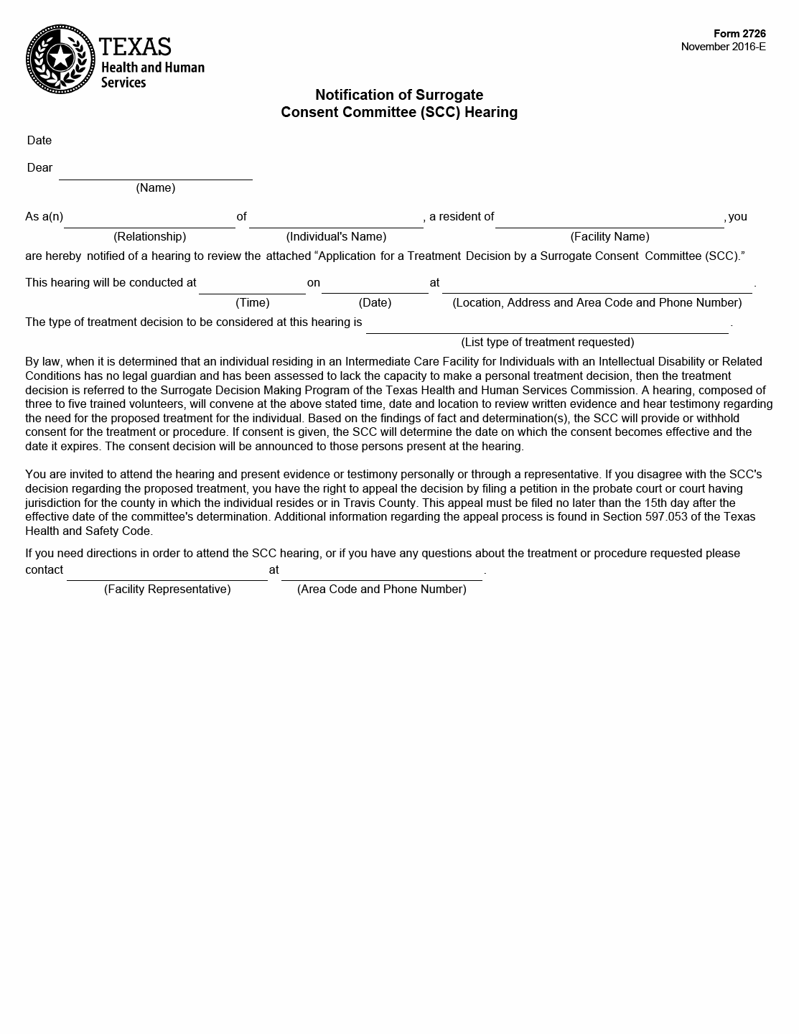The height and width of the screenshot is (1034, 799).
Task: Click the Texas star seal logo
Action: (x=60, y=59)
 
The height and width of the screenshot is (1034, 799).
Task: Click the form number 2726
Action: (x=739, y=34)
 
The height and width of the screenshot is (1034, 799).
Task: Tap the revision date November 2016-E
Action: (x=723, y=47)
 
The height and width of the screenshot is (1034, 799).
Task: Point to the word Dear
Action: (x=39, y=167)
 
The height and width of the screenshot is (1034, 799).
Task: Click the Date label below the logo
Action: (x=39, y=140)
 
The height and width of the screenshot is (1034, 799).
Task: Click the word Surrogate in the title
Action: (x=449, y=95)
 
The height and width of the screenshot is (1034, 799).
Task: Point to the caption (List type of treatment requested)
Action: (x=547, y=342)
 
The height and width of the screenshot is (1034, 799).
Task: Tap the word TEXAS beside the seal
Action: (x=136, y=47)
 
